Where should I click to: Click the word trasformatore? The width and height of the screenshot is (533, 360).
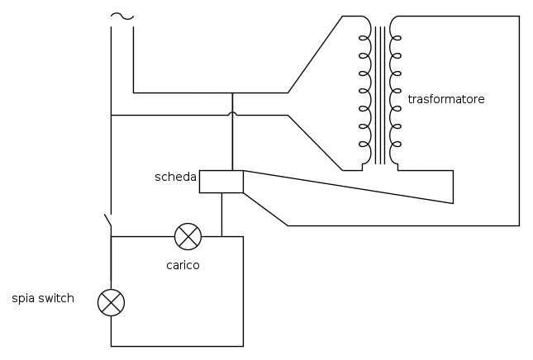tap(446, 99)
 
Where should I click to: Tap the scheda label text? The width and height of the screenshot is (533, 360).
tap(175, 177)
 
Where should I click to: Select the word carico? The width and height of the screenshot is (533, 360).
tap(183, 265)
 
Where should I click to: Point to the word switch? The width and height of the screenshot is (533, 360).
tap(56, 298)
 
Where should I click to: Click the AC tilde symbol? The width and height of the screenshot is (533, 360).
tap(122, 16)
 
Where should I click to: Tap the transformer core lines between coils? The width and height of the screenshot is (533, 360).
tap(380, 95)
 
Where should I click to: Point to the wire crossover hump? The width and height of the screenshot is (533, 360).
tap(232, 113)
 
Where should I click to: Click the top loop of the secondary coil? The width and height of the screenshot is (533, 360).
tap(396, 38)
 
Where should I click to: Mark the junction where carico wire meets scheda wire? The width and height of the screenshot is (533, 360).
tap(221, 236)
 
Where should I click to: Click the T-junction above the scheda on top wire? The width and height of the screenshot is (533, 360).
tap(232, 92)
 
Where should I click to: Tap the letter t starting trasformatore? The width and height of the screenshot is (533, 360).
tap(410, 99)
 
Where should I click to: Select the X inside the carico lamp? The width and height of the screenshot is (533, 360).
tap(188, 236)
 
